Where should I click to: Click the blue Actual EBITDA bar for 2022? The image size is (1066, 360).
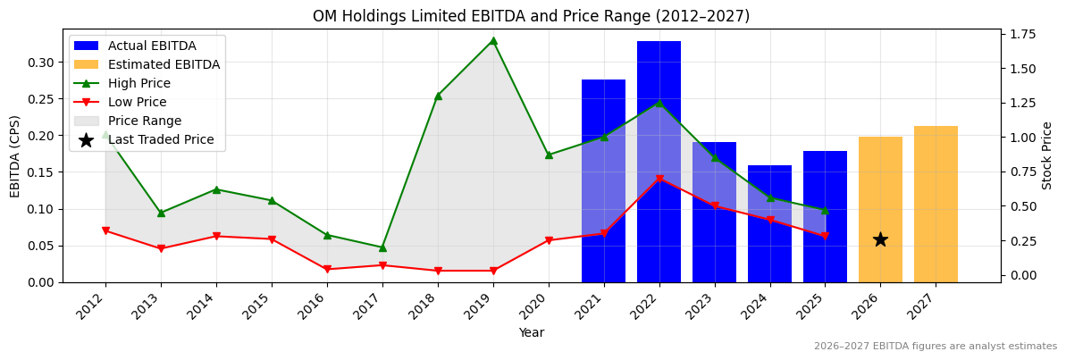click(x=659, y=161)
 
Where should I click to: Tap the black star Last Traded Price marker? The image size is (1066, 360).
click(x=880, y=239)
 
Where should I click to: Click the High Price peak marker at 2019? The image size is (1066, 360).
click(x=493, y=40)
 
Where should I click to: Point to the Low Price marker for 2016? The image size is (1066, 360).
click(x=327, y=269)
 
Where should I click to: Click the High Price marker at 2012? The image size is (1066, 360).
click(x=105, y=135)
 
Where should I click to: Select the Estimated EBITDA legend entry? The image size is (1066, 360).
click(x=164, y=64)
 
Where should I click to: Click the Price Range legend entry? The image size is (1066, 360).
click(x=144, y=121)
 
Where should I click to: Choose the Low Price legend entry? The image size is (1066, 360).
click(x=138, y=102)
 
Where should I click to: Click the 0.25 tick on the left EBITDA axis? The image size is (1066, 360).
click(x=40, y=99)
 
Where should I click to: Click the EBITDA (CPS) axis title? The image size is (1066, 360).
click(x=15, y=155)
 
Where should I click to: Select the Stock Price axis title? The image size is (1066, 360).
click(x=1047, y=155)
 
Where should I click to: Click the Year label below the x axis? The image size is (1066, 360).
click(x=531, y=333)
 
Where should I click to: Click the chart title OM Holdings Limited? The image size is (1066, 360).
click(x=531, y=16)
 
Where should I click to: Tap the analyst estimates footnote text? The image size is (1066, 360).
click(x=935, y=347)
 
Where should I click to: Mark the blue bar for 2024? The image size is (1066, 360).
click(x=769, y=223)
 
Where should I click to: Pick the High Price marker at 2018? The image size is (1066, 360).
click(x=438, y=96)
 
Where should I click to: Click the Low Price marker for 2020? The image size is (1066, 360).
click(x=549, y=240)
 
